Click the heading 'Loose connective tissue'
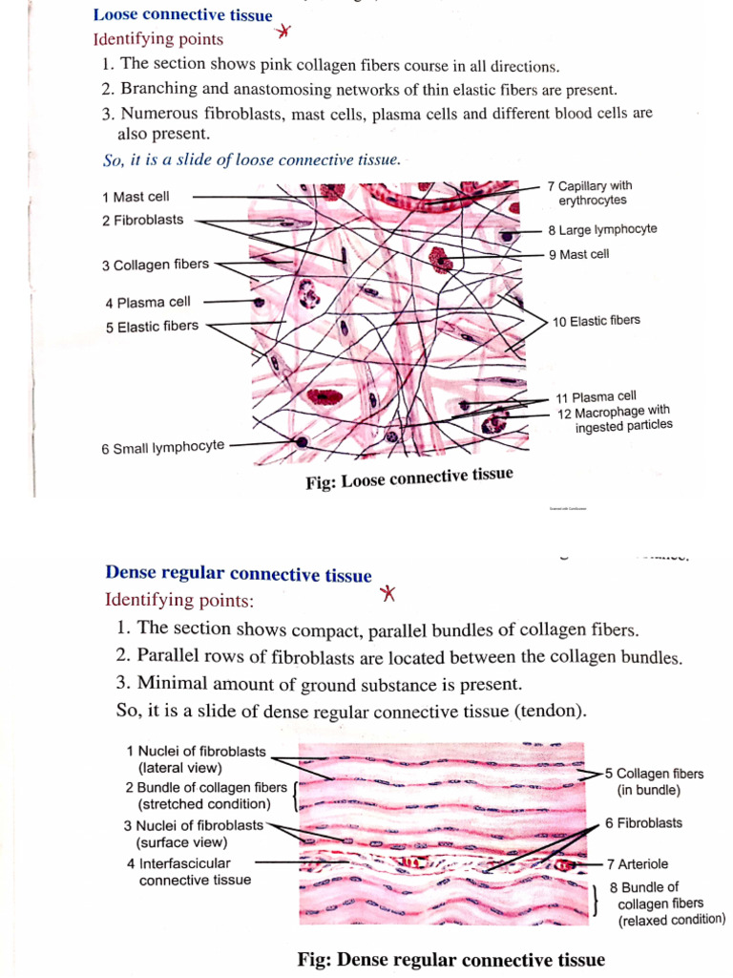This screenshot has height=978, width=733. point(182,15)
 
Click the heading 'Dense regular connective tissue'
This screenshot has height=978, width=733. point(238,575)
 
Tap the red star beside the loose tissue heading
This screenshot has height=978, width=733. point(283,32)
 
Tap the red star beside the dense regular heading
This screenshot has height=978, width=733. point(387,594)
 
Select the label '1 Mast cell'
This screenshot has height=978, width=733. point(136,197)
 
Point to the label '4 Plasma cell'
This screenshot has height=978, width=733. point(148,303)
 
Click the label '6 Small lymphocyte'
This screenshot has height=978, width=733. point(163,446)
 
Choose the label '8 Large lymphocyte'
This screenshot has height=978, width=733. point(602,230)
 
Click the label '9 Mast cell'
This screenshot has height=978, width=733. point(578,254)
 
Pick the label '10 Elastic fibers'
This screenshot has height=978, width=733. point(597,321)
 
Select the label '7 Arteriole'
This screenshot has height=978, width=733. point(642,863)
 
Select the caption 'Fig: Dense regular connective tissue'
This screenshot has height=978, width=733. point(451,959)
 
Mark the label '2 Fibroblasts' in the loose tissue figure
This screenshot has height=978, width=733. point(142,221)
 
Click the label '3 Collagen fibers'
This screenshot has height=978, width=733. point(155,265)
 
